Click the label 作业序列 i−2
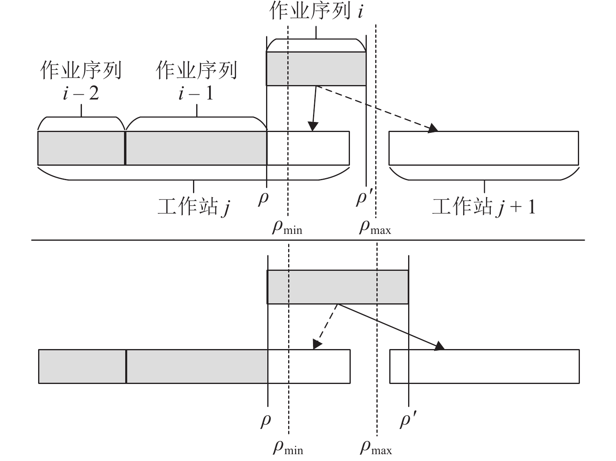point(81,81)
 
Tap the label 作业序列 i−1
point(196,81)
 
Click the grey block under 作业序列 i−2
point(81,148)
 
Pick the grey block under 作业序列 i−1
point(196,148)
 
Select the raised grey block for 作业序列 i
point(316,69)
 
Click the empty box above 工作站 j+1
point(484,148)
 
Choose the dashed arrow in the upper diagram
point(377,108)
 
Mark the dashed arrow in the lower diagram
point(326,326)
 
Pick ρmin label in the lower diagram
point(288,448)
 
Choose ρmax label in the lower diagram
point(376,448)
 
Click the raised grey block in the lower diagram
point(337,287)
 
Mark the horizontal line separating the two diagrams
point(308,240)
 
